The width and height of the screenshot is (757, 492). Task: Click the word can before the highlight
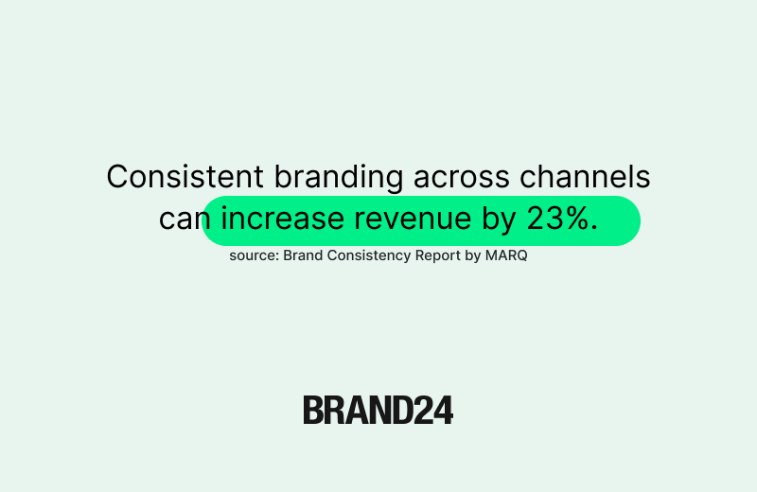coord(182,220)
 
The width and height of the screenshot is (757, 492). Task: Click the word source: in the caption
coord(254,255)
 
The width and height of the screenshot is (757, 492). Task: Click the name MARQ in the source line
coord(508,255)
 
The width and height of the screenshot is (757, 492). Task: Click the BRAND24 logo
coord(378,410)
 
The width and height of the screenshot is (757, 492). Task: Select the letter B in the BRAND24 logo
coord(313,410)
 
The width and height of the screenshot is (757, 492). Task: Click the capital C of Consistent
coord(117,177)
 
